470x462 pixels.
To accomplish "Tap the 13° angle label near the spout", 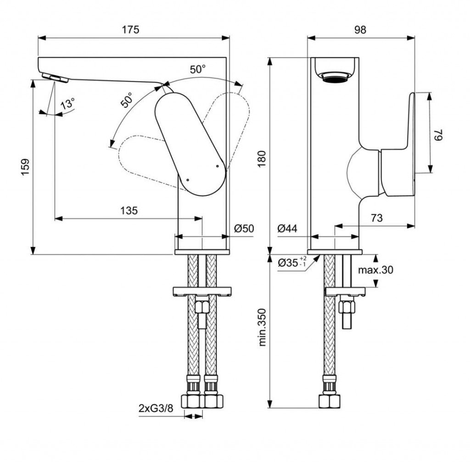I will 67,104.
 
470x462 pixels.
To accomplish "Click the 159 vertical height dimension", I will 25,167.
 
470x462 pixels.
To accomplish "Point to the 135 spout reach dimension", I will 129,211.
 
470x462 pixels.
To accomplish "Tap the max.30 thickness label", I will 376,270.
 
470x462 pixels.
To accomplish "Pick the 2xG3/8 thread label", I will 157,408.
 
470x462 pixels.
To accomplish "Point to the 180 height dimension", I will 262,158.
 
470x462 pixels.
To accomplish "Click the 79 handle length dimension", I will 439,135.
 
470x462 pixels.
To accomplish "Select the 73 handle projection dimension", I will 376,218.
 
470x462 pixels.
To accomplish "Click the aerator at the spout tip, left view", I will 55,78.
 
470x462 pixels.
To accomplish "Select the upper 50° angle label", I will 198,70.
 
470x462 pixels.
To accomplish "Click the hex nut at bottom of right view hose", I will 330,401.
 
